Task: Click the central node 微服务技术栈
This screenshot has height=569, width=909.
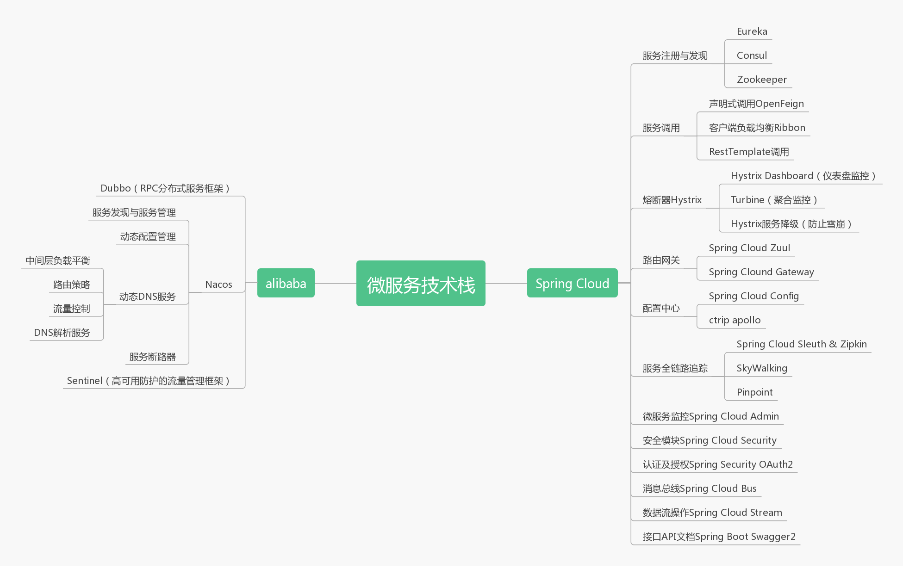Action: pos(421,284)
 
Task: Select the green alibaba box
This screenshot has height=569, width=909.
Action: pos(286,283)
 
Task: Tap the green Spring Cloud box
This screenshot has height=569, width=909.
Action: pos(572,283)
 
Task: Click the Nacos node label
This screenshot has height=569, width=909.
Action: pos(218,284)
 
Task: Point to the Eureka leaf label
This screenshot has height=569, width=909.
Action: pos(752,31)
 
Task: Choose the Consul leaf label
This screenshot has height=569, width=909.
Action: pos(752,56)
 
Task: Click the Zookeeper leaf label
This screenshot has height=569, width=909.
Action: pos(761,80)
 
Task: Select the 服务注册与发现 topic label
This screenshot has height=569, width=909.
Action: pos(675,56)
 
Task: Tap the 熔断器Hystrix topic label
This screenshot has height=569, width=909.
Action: pos(672,200)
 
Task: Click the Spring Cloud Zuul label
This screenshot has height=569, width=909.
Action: pos(749,248)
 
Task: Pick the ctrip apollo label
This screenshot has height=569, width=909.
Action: pos(735,320)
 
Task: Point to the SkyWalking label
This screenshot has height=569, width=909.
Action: pos(762,368)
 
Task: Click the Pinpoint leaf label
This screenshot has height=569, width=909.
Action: pos(754,392)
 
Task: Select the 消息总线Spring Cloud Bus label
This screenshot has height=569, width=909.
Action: pos(699,489)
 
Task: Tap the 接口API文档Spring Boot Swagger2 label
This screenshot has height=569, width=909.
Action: pos(719,537)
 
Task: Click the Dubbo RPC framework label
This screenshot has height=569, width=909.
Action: pos(165,188)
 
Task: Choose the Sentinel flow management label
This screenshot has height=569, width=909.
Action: pos(149,381)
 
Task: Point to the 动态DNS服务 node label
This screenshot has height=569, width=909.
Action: pos(147,297)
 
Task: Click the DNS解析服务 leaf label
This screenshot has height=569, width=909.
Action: pos(62,333)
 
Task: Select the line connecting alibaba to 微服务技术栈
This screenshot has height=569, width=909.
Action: pos(335,283)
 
